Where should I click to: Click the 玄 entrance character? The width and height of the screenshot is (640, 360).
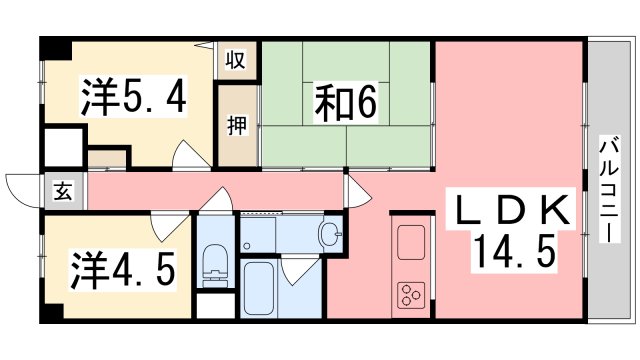pos(61,192)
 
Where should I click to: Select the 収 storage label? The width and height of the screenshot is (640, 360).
pos(237,60)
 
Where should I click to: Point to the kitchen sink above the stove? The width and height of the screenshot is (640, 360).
pos(410,243)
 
